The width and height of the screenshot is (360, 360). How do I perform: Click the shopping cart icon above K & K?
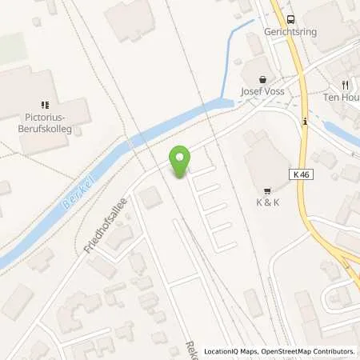[265, 189]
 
